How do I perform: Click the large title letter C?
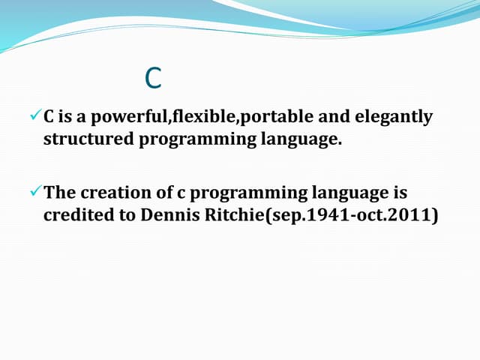point(153,78)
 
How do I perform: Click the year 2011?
point(406,215)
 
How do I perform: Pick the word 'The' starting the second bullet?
point(58,193)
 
